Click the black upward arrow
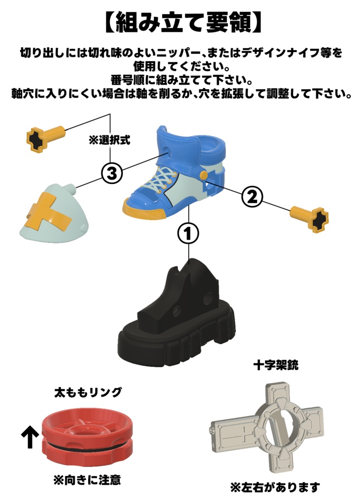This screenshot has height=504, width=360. [x=30, y=437]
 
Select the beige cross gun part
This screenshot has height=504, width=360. [x=268, y=428]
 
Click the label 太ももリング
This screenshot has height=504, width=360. [x=88, y=393]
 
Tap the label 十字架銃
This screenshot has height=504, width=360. [x=276, y=366]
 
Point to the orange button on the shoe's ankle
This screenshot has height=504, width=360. [x=203, y=176]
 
